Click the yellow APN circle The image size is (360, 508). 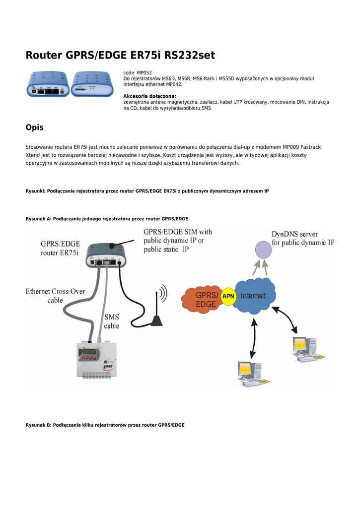(228, 297)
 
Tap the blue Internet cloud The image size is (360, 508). (255, 296)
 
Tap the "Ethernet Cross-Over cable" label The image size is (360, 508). (55, 296)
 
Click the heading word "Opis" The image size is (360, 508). (34, 127)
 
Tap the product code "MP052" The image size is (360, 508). (144, 73)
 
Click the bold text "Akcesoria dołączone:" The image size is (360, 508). (149, 96)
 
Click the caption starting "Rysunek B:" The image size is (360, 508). (105, 425)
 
